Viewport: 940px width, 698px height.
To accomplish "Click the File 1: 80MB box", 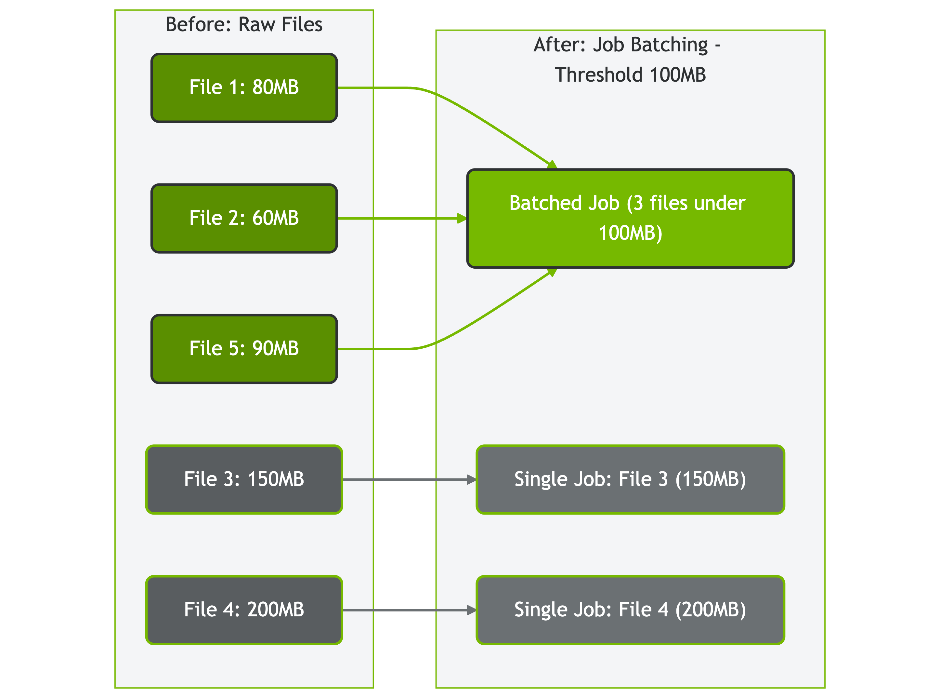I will (x=244, y=88).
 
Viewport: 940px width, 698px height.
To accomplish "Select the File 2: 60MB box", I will (x=244, y=219).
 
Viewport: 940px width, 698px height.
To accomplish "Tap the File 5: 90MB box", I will (x=244, y=349).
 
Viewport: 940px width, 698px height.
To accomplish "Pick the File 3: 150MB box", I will (x=244, y=479).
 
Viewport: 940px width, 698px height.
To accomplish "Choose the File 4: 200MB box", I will (x=244, y=610).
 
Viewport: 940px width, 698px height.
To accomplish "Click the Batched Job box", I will (x=630, y=219).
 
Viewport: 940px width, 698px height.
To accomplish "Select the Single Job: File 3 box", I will (x=630, y=479).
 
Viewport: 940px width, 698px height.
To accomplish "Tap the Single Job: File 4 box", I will (x=630, y=610).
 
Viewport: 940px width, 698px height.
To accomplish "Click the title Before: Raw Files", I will (x=244, y=24).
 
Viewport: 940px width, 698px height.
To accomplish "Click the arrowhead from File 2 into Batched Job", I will (x=462, y=219).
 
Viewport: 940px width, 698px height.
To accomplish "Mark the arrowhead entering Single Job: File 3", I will (x=471, y=479).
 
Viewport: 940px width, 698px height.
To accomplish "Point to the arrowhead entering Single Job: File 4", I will (x=471, y=610).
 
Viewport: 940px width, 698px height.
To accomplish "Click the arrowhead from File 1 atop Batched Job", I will (x=552, y=165).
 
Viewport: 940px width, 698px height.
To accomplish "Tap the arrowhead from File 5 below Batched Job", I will (x=552, y=272).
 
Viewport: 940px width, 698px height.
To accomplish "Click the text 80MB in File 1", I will (x=275, y=88).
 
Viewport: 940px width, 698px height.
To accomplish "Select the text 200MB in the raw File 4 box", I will (x=275, y=610).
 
